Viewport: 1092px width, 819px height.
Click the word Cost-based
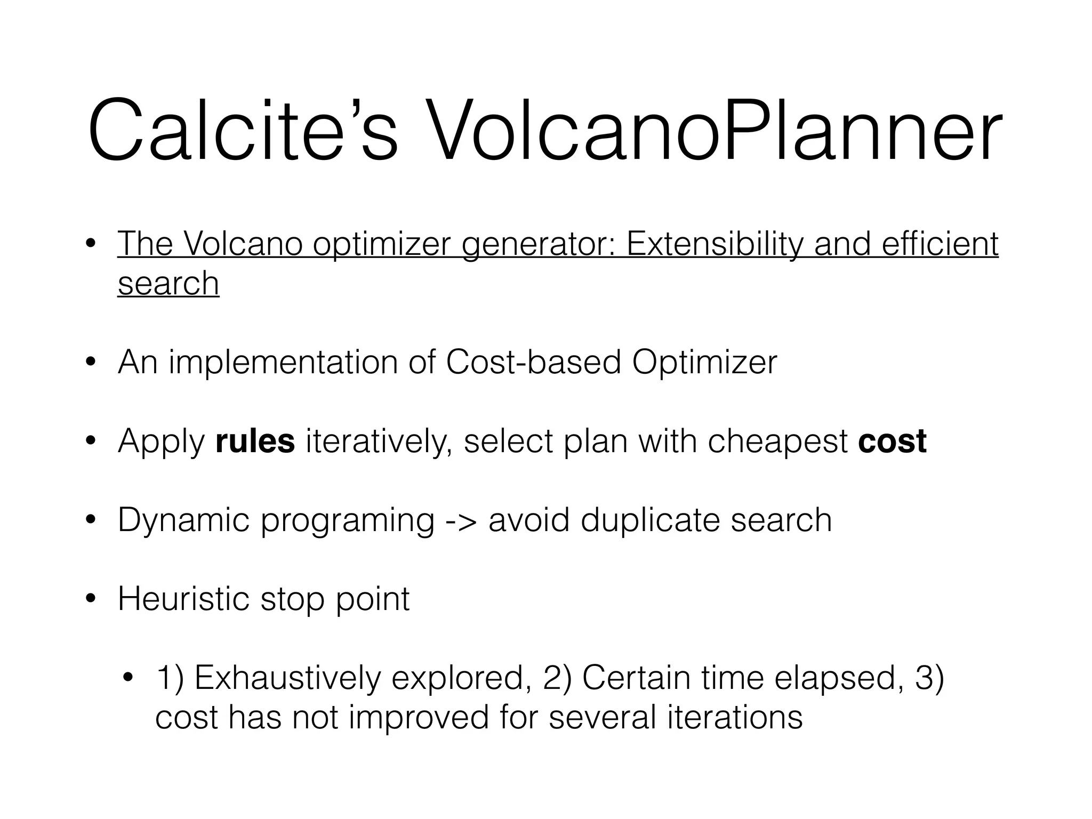[533, 363]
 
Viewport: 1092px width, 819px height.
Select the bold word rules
[255, 441]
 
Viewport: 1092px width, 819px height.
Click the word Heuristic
[183, 599]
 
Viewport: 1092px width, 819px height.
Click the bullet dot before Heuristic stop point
[91, 599]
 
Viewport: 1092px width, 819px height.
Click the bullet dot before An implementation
[91, 363]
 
